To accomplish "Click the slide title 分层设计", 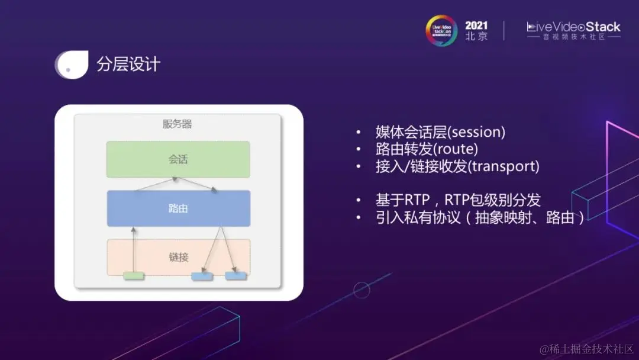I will (128, 64).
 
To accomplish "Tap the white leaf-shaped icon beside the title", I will (70, 65).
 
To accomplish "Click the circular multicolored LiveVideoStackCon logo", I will (441, 30).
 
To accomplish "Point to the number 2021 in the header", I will (476, 25).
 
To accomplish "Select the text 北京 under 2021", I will (476, 37).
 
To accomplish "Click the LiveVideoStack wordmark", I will (573, 27).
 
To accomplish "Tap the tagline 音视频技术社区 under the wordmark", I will (573, 37).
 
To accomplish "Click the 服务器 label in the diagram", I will (177, 124).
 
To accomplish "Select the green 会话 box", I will (178, 159).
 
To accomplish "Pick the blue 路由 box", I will (178, 208).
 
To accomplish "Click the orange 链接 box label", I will (178, 257).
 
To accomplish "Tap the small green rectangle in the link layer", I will (133, 275).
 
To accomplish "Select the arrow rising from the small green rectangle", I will (134, 249).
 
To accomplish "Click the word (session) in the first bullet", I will (478, 132).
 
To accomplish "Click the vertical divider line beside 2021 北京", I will (504, 31).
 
